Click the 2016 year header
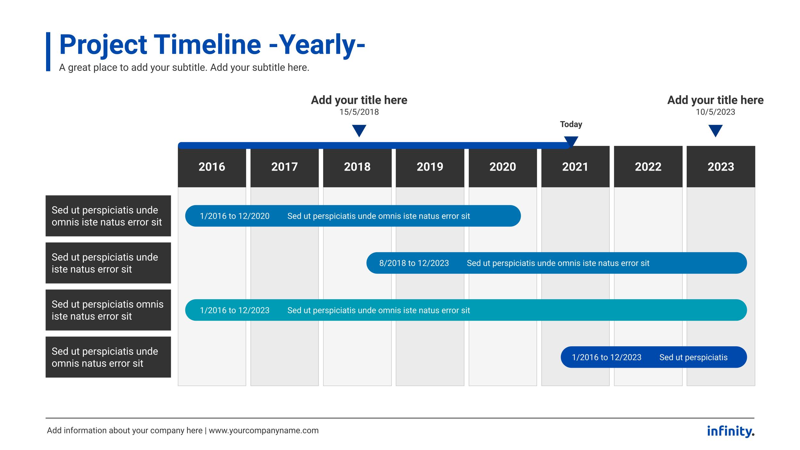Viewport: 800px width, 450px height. point(212,167)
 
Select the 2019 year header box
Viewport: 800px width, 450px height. point(430,167)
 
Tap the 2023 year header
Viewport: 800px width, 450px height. point(721,167)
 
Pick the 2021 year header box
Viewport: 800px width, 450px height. point(575,167)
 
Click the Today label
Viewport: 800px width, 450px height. point(571,124)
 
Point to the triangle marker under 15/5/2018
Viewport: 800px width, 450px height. point(359,130)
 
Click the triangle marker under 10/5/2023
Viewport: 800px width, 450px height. point(716,130)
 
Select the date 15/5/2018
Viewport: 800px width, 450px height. point(359,112)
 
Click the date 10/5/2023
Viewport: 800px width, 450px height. point(716,112)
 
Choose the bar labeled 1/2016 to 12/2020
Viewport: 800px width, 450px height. point(353,216)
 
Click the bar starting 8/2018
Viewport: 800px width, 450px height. point(557,263)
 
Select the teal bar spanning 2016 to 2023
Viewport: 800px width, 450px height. point(466,310)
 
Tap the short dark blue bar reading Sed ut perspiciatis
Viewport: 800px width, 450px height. point(654,357)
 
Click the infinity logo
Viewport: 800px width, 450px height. point(731,431)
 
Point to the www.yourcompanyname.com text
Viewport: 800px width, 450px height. point(264,430)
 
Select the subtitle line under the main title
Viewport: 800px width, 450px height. point(184,68)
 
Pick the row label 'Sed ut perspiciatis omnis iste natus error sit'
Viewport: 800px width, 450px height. point(108,310)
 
